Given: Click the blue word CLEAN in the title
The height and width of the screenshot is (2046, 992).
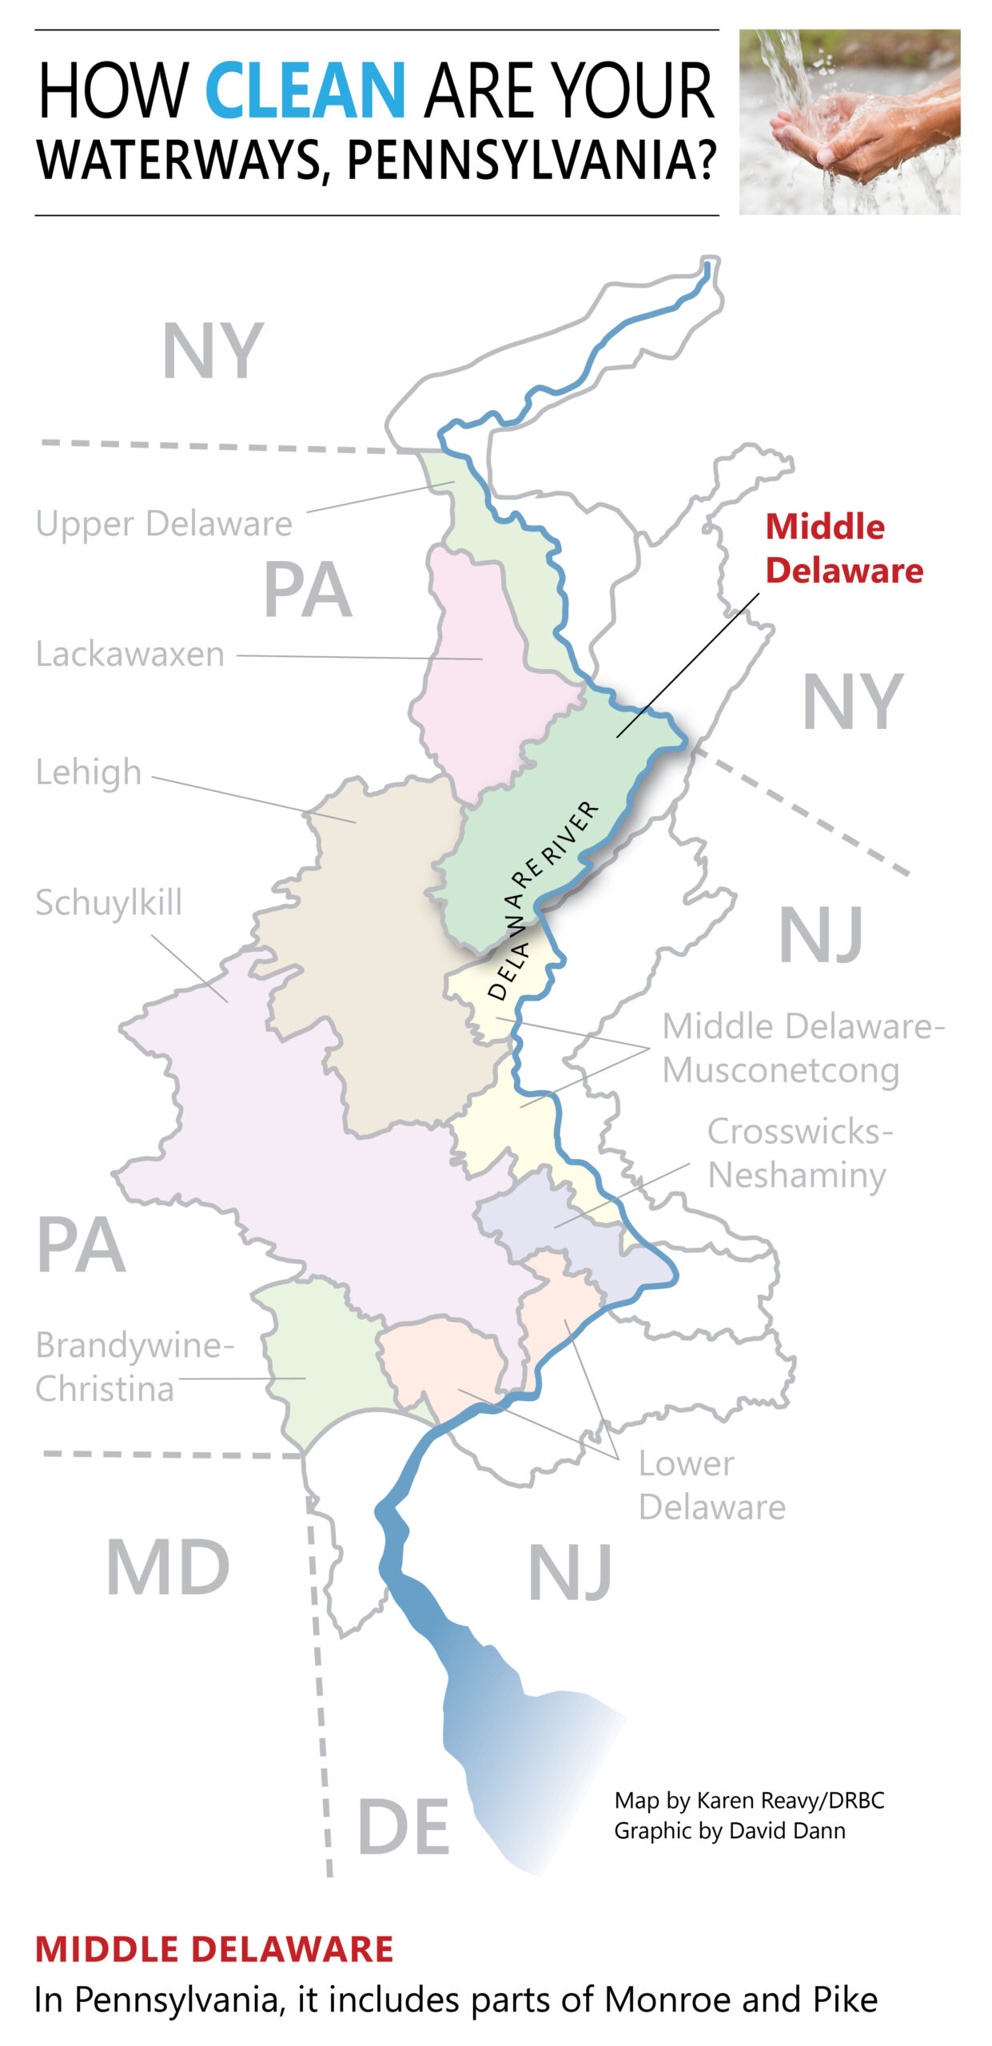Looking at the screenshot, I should coord(305,91).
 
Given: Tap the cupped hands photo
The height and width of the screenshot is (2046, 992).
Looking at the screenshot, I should coord(849,122).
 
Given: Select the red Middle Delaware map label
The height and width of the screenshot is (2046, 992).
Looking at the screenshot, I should coord(843,548).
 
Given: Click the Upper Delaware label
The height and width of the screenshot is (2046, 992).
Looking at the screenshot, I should coord(164,524).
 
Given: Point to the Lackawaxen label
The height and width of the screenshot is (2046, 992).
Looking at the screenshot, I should coord(130,655).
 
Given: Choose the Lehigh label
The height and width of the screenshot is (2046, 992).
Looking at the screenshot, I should coord(89,772).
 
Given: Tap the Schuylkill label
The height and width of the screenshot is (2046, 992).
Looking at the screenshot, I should coord(109,903).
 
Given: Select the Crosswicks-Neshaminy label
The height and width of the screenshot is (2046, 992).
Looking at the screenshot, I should coord(799,1153).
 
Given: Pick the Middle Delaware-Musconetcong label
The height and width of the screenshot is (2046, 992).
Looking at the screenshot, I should coord(802,1048).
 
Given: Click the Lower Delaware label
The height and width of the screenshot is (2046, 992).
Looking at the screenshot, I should coord(711,1485).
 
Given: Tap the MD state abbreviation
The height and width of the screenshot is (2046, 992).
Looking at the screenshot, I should coord(168,1568).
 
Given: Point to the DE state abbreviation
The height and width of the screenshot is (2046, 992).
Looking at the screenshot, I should coord(403,1827).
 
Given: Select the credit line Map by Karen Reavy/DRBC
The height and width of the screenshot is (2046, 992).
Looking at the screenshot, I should coord(749,1800).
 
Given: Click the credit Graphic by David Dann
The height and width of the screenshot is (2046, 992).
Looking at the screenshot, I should coord(729,1830).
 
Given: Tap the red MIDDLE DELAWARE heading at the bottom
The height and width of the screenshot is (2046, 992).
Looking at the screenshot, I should coord(214,1949).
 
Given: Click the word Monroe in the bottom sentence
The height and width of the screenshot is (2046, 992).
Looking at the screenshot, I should coord(668,2000).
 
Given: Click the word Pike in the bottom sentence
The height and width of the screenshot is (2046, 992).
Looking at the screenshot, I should coord(846,2000).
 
